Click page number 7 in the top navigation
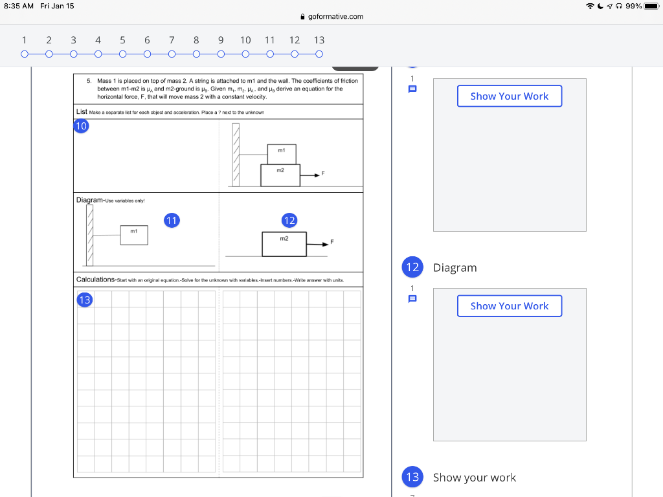[172, 40]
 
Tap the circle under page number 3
[73, 54]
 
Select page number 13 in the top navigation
[319, 40]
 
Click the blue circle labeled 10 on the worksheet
[81, 126]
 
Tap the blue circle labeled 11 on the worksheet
[171, 220]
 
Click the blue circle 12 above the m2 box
[289, 220]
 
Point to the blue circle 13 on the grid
[84, 299]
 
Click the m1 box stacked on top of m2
[282, 154]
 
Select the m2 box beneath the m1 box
[280, 175]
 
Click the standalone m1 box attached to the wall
[134, 235]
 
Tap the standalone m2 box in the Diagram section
[284, 244]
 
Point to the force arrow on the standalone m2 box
[318, 245]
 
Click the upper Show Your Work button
[510, 96]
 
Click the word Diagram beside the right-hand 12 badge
[455, 267]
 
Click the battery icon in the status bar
[651, 6]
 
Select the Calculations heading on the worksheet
[96, 280]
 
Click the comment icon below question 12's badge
[412, 299]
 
